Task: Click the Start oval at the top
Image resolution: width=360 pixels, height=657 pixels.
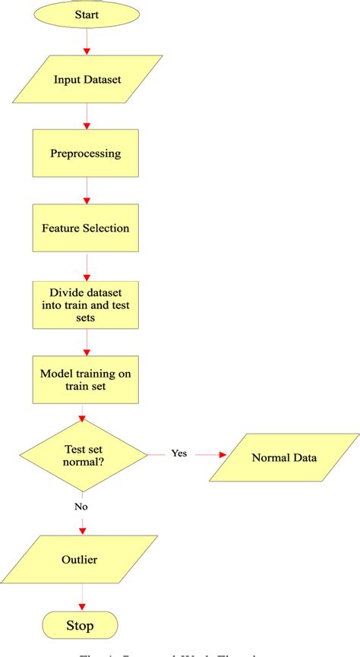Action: [x=87, y=14]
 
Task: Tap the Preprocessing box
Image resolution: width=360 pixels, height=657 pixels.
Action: [x=86, y=153]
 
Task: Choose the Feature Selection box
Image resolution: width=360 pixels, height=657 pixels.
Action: [x=86, y=228]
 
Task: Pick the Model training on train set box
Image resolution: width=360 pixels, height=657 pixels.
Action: [x=86, y=379]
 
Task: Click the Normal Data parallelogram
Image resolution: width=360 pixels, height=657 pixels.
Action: [x=285, y=457]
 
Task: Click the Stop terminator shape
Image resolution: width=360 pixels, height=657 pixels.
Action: [x=81, y=626]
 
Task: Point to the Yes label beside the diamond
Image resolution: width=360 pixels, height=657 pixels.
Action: [x=178, y=453]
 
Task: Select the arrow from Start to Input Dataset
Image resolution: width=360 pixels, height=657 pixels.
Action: [x=87, y=41]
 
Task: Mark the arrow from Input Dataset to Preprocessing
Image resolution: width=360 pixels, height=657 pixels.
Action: [x=87, y=116]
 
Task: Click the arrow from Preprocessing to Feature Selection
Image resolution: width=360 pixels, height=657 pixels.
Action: [x=87, y=191]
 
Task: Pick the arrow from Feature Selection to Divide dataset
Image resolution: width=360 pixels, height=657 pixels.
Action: [x=87, y=266]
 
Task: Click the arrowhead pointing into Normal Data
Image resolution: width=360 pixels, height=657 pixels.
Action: [x=223, y=455]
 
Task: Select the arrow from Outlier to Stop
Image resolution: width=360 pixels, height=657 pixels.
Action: [x=81, y=598]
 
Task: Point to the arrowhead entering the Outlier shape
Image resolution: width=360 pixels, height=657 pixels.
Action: [x=81, y=531]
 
